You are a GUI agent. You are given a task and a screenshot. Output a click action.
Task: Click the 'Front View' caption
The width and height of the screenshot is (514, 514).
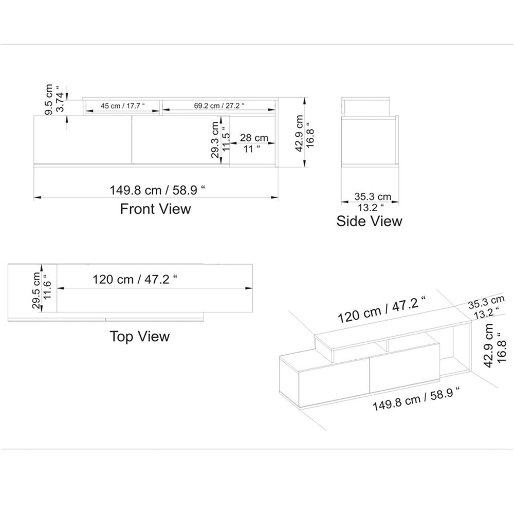coord(155,209)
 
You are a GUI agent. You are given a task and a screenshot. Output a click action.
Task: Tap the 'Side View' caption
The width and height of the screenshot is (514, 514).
coord(369,221)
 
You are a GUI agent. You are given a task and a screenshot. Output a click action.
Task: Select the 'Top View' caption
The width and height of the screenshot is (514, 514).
coord(139,336)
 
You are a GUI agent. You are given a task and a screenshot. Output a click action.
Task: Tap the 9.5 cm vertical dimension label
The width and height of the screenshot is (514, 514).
coord(49,99)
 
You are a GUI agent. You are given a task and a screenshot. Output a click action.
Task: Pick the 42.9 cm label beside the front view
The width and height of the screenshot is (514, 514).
coord(299,133)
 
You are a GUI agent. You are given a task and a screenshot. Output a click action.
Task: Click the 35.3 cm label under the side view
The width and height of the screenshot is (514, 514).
coord(373,196)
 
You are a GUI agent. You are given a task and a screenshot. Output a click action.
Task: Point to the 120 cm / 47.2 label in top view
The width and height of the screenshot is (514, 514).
coord(135,280)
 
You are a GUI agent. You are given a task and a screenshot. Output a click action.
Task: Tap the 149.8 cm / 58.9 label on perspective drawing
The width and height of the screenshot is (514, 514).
coord(415,399)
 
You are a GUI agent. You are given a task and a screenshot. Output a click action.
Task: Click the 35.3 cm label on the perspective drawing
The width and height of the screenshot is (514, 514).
coord(486,301)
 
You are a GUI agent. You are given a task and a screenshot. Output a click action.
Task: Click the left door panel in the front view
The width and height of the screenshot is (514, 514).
coord(82,140)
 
